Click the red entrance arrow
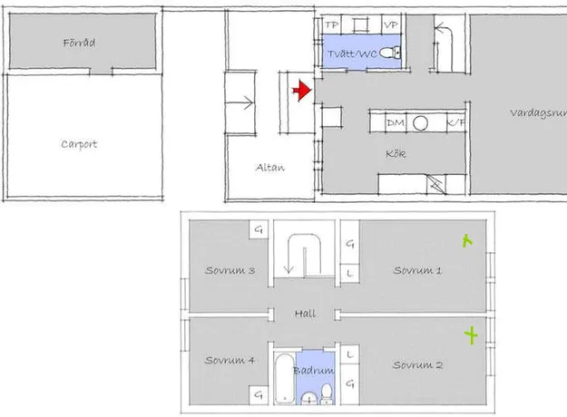tap(301, 91)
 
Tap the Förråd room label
tap(79, 43)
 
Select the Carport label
tap(79, 144)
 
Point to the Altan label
tap(270, 168)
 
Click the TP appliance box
tap(331, 24)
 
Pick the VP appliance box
tap(391, 24)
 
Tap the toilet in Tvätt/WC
tap(390, 53)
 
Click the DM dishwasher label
tap(396, 123)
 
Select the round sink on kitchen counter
tap(420, 123)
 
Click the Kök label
tap(396, 153)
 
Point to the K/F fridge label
tap(456, 122)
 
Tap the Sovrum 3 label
tap(230, 270)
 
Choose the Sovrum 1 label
tap(417, 270)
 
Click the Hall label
tap(305, 314)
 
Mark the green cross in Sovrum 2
tap(471, 335)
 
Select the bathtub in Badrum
tap(285, 378)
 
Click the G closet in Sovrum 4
tap(259, 394)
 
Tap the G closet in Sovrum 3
tap(259, 229)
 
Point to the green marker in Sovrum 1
tap(467, 240)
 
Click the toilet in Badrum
tap(327, 393)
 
